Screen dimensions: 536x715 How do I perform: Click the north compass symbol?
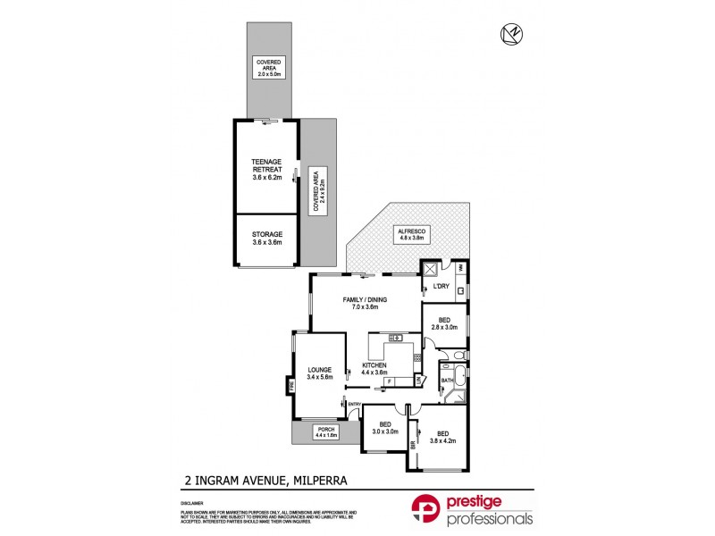click(512, 34)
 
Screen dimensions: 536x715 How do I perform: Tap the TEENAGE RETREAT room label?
click(267, 169)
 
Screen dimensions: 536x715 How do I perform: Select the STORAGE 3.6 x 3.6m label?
click(267, 239)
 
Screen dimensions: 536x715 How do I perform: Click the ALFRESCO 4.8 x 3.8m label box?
click(413, 236)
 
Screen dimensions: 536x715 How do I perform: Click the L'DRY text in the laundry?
click(440, 287)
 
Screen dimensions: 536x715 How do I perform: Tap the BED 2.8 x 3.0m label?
click(444, 324)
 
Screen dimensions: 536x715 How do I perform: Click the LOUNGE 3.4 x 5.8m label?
click(320, 373)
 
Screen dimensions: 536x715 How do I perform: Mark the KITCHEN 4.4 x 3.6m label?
click(374, 370)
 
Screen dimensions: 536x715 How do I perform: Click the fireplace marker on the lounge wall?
click(291, 387)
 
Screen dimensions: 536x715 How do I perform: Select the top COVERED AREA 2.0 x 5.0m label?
click(266, 66)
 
